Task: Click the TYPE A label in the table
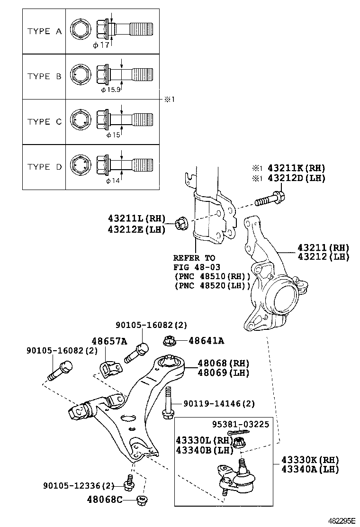(45, 31)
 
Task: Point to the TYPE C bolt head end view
(79, 121)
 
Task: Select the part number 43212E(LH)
(136, 230)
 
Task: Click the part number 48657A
(109, 341)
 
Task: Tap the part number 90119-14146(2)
(219, 404)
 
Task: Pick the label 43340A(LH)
(310, 469)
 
